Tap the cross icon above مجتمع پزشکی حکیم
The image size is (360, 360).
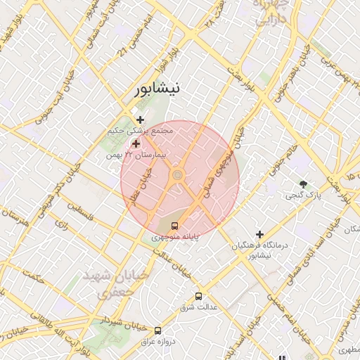(x=140, y=120)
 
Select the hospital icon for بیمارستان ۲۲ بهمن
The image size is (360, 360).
(x=136, y=143)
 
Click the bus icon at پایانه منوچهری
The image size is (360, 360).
(x=174, y=226)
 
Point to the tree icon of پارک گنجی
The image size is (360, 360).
(x=304, y=184)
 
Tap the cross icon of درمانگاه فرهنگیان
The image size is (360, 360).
(x=260, y=234)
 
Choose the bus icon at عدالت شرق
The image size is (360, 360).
(x=198, y=296)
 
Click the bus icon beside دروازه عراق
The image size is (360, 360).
(x=157, y=330)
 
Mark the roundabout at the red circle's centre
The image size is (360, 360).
(x=178, y=174)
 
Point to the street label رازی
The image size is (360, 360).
(x=60, y=225)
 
